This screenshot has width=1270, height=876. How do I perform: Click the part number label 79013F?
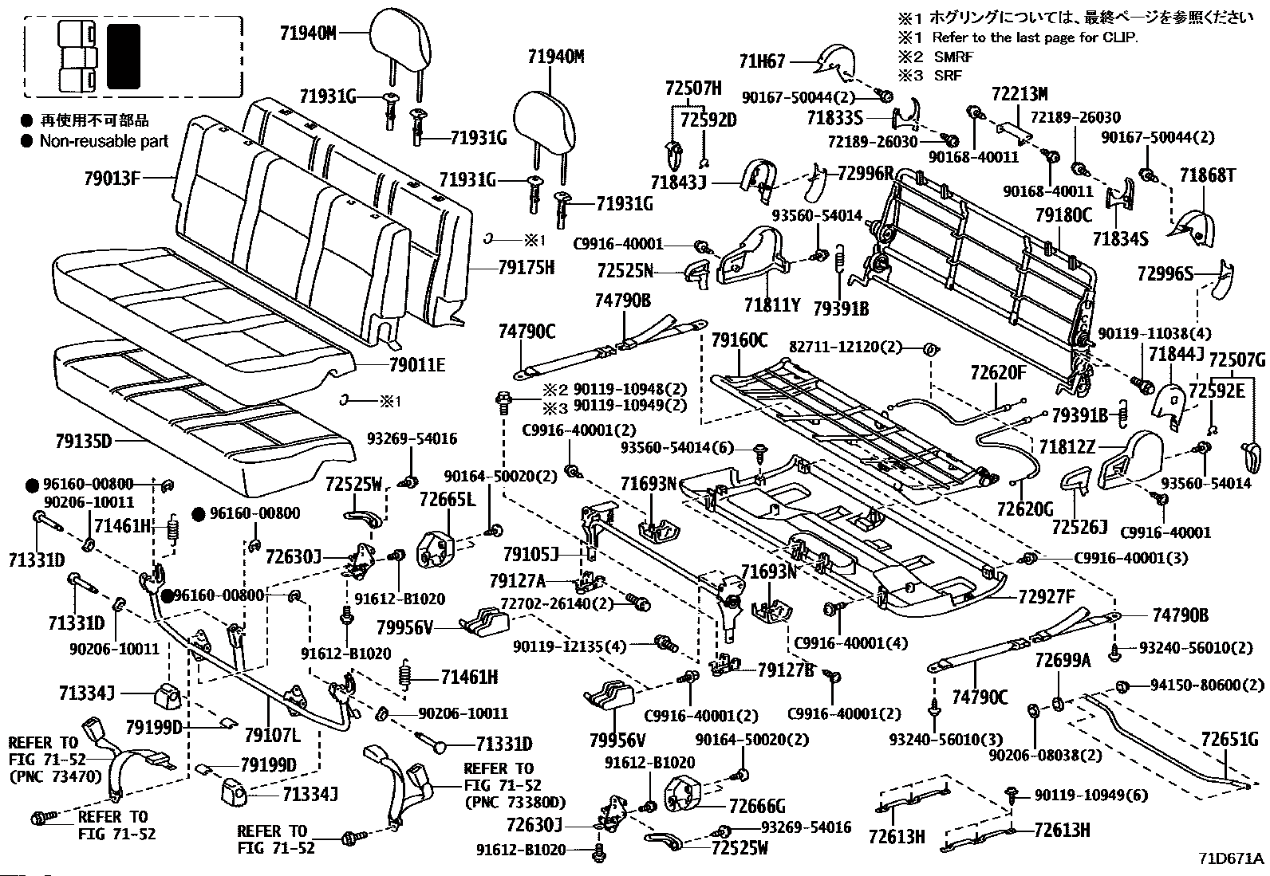tap(112, 178)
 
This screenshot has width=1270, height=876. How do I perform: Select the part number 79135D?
tap(94, 441)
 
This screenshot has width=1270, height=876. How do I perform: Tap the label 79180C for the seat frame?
tap(1063, 214)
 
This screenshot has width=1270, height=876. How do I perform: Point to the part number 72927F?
tap(1047, 595)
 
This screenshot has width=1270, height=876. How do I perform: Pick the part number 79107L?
tap(273, 733)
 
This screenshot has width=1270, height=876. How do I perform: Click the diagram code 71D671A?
tap(1231, 859)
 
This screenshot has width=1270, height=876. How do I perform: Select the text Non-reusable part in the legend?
tap(105, 141)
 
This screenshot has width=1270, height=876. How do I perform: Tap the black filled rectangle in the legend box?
tap(124, 55)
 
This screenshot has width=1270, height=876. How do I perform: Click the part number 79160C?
tap(740, 342)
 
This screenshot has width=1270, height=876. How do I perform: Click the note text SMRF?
tap(956, 57)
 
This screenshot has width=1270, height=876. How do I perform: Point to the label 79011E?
tap(417, 366)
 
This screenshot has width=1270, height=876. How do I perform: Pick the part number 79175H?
tap(526, 267)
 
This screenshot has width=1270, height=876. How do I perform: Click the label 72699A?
tap(1063, 660)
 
